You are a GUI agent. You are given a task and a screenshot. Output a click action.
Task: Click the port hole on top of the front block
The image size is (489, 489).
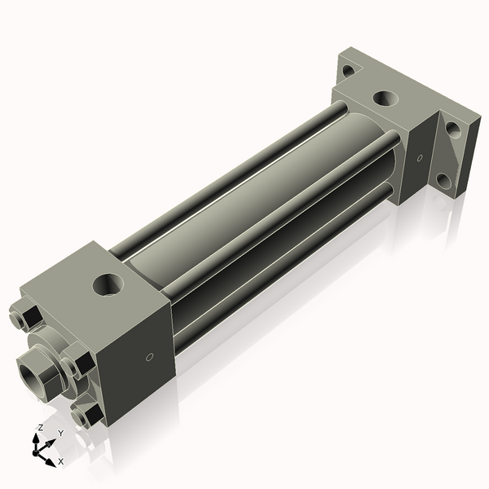[108, 285]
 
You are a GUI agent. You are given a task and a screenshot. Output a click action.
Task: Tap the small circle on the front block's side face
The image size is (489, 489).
[149, 356]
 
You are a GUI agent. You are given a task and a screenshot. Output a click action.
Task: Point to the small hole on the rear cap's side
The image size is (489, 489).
[420, 157]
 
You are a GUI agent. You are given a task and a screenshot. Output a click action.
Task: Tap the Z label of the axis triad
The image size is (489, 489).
[40, 427]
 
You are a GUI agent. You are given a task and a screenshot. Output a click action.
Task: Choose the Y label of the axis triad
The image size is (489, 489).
[60, 433]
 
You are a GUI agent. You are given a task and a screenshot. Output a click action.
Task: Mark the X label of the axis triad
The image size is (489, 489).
[60, 461]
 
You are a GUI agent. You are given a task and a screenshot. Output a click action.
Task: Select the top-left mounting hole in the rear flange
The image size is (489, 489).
[348, 71]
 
